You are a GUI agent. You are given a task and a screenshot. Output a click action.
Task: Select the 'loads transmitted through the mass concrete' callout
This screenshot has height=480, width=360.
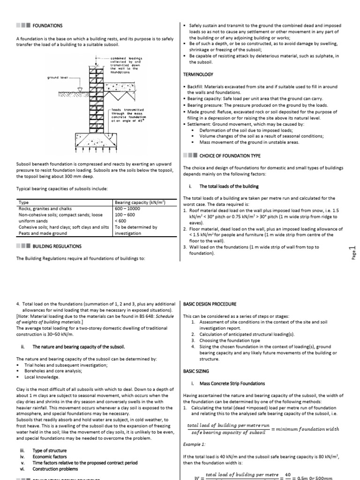[127, 115]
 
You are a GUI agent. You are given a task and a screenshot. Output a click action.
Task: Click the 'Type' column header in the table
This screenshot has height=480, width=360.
[23, 203]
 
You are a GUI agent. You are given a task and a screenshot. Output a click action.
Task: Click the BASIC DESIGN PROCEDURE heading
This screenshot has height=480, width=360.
[210, 304]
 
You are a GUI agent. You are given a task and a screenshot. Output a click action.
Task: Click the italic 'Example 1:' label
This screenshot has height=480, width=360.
[195, 443]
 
